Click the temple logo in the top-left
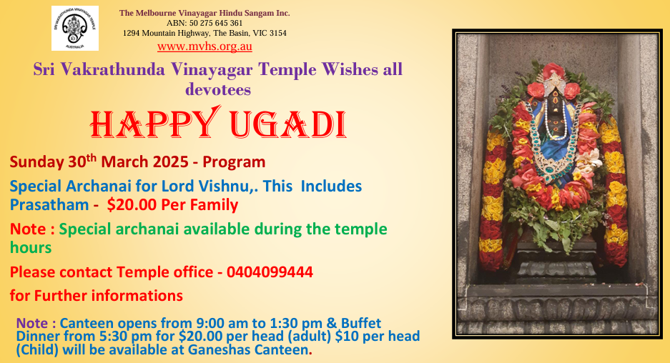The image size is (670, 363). tap(75, 28)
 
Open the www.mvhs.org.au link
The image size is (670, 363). tap(205, 46)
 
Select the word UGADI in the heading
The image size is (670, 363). tap(288, 125)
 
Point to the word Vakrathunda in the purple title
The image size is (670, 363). tap(112, 69)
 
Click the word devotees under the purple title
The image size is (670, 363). tap(218, 89)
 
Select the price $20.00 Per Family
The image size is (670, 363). tap(172, 205)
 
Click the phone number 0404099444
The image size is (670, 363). tap(270, 272)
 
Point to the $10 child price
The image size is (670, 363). tap(345, 336)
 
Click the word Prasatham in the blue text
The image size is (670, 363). tap(49, 205)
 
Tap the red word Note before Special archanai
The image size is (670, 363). tap(28, 229)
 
